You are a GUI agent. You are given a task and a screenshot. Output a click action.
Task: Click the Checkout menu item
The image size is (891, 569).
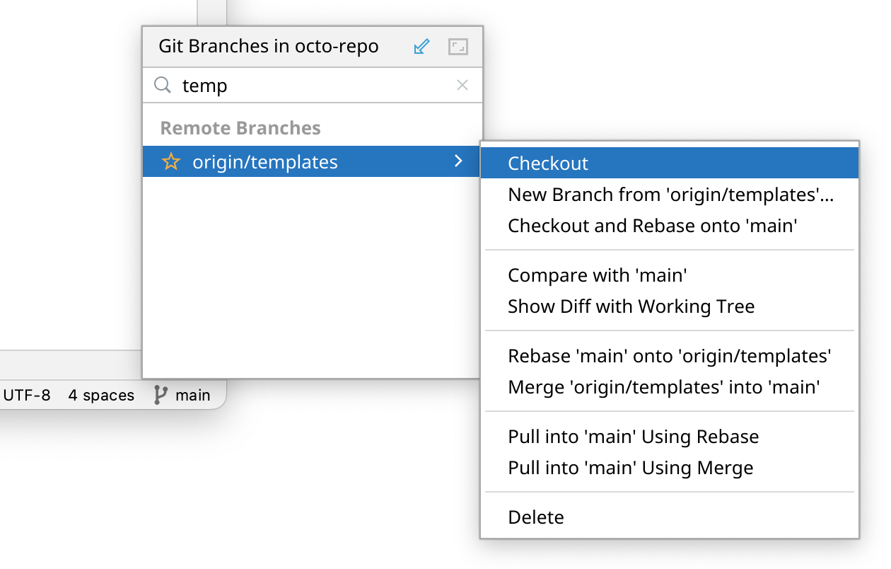[548, 163]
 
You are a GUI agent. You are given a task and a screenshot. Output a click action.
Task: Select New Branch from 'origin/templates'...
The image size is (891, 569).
[670, 195]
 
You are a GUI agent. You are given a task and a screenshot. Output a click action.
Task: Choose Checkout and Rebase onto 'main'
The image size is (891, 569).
[652, 226]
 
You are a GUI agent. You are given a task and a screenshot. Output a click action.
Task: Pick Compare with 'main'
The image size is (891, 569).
[598, 275]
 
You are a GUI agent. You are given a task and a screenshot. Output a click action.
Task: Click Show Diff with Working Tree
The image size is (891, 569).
[631, 306]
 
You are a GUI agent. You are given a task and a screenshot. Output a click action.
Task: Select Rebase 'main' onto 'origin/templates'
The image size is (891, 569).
[670, 356]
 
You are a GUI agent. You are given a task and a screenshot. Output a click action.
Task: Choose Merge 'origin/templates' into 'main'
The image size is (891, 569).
[664, 387]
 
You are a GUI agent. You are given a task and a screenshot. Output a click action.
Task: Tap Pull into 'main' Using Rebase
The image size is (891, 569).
[634, 437]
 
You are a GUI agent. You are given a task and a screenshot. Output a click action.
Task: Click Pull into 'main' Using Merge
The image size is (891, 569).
[631, 468]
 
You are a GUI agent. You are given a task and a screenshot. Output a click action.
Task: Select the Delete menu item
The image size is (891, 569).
[536, 517]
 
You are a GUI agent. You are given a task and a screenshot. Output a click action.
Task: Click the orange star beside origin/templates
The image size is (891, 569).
[171, 161]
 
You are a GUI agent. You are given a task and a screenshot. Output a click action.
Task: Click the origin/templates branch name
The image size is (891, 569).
[265, 162]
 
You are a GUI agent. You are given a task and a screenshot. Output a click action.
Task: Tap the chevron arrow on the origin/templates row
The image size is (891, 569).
[459, 161]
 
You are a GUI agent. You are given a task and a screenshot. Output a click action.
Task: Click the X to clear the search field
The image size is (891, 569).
[462, 85]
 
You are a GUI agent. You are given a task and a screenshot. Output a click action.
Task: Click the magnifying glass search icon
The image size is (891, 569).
[163, 85]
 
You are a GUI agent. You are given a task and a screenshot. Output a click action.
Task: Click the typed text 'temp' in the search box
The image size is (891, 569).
[205, 86]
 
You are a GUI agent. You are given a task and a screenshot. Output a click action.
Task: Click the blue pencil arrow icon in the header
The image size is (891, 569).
[421, 47]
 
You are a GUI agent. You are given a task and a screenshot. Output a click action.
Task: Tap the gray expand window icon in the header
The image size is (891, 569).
[458, 47]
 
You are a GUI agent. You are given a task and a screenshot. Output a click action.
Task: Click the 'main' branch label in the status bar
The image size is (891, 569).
[193, 396]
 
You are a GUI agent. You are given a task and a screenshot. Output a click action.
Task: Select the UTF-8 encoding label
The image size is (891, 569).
[27, 396]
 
